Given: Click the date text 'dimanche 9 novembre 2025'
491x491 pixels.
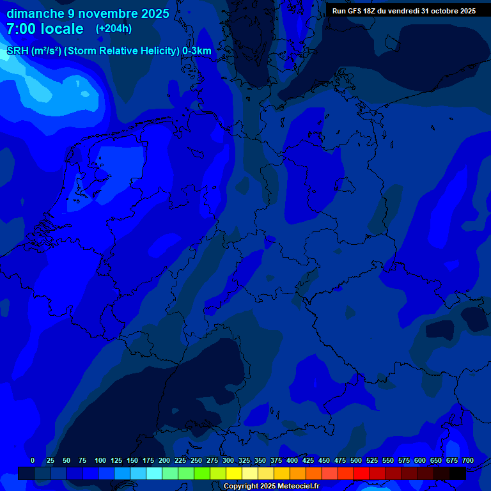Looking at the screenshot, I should (x=88, y=13).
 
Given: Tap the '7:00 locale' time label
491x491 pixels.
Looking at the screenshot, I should (x=45, y=29).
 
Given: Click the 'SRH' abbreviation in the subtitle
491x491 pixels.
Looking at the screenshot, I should (x=17, y=51).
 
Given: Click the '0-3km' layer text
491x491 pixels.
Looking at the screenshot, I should (x=197, y=51).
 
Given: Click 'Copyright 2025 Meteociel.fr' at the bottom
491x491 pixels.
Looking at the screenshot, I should (x=271, y=486).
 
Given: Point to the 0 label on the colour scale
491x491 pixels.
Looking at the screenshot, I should (x=33, y=460).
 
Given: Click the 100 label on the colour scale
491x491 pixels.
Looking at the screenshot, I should (x=100, y=460).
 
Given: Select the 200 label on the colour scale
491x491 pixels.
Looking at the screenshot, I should (x=164, y=460).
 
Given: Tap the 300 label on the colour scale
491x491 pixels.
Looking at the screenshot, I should (x=228, y=460).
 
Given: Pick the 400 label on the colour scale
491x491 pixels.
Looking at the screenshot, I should (x=292, y=460).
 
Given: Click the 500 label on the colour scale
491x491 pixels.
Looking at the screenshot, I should (x=356, y=460).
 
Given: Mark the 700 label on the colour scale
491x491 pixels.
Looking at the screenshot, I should (x=468, y=460).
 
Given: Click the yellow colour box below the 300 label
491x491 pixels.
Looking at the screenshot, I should (x=234, y=473).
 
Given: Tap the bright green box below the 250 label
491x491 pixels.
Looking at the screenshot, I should (x=202, y=473).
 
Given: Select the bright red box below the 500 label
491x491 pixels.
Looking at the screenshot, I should (x=362, y=473).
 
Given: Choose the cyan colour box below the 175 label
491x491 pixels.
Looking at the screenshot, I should (x=154, y=473).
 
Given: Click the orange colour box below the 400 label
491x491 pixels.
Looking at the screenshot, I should (x=298, y=473).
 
